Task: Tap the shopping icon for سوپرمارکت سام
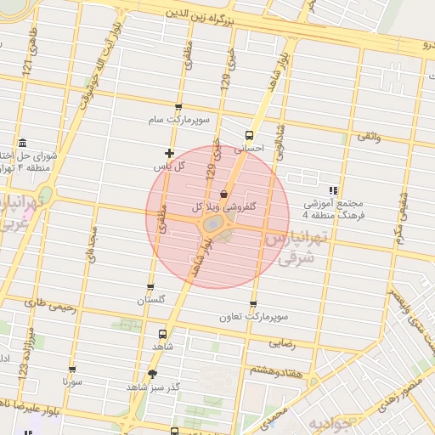(178, 107)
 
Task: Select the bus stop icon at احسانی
(249, 134)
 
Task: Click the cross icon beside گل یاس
(170, 154)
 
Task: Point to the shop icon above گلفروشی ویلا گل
(223, 192)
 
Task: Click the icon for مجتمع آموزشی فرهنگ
(333, 191)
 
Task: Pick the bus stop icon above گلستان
(150, 287)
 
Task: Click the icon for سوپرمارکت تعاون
(253, 304)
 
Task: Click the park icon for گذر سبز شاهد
(152, 374)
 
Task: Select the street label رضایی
(283, 343)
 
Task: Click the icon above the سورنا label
(71, 370)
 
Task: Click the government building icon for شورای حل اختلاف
(20, 142)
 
